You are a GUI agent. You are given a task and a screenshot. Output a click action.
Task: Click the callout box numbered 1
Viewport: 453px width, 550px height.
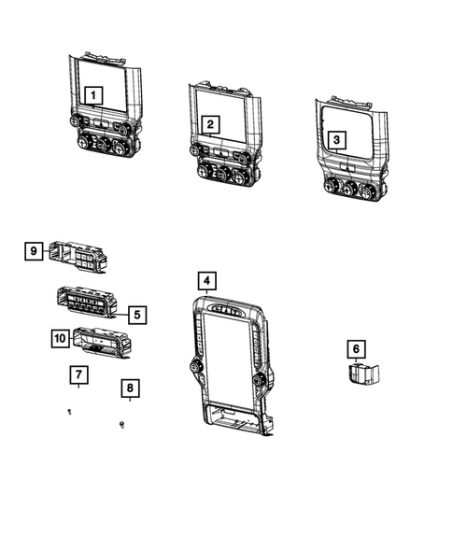coord(92,94)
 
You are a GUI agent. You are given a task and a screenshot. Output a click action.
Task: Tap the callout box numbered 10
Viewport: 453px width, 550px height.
coord(60,338)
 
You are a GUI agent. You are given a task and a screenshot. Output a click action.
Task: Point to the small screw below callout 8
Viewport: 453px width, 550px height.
coord(123,426)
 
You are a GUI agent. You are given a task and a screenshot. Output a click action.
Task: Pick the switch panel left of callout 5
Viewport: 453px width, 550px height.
coord(89,303)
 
